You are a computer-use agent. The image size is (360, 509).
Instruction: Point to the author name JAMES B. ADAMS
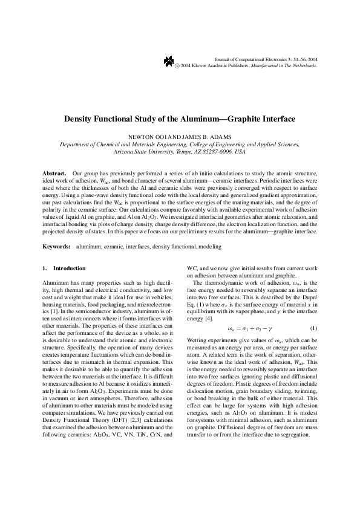click(205, 137)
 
